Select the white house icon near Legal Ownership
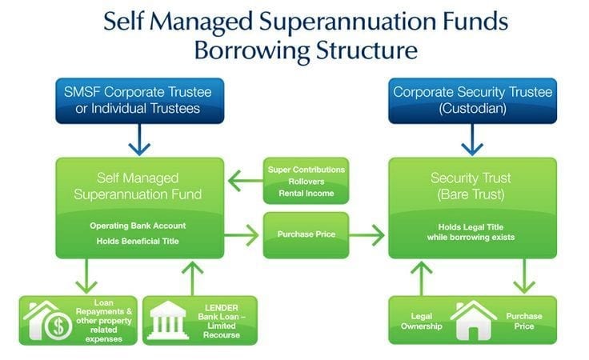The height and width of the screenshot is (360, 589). click(x=471, y=321)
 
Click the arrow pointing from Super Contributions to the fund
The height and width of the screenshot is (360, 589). click(x=242, y=182)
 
